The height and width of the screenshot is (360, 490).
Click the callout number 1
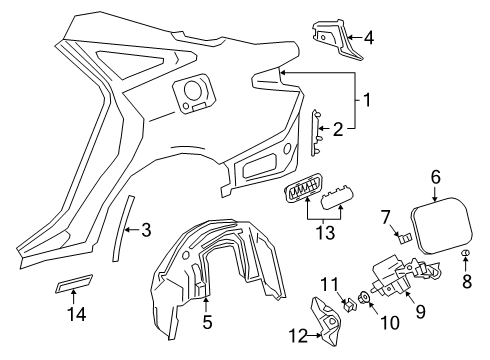tap(368, 100)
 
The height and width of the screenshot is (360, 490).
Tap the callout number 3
tap(146, 230)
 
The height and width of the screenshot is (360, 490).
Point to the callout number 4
tap(370, 39)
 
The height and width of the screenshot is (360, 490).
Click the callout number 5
tap(208, 323)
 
